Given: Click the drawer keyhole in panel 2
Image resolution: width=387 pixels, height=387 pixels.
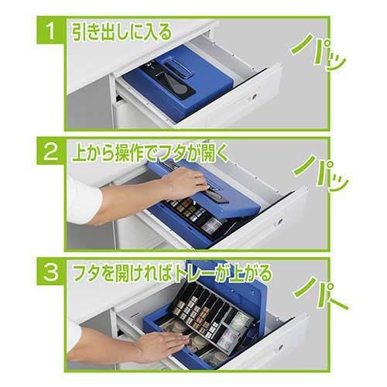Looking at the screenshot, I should click(x=279, y=221).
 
